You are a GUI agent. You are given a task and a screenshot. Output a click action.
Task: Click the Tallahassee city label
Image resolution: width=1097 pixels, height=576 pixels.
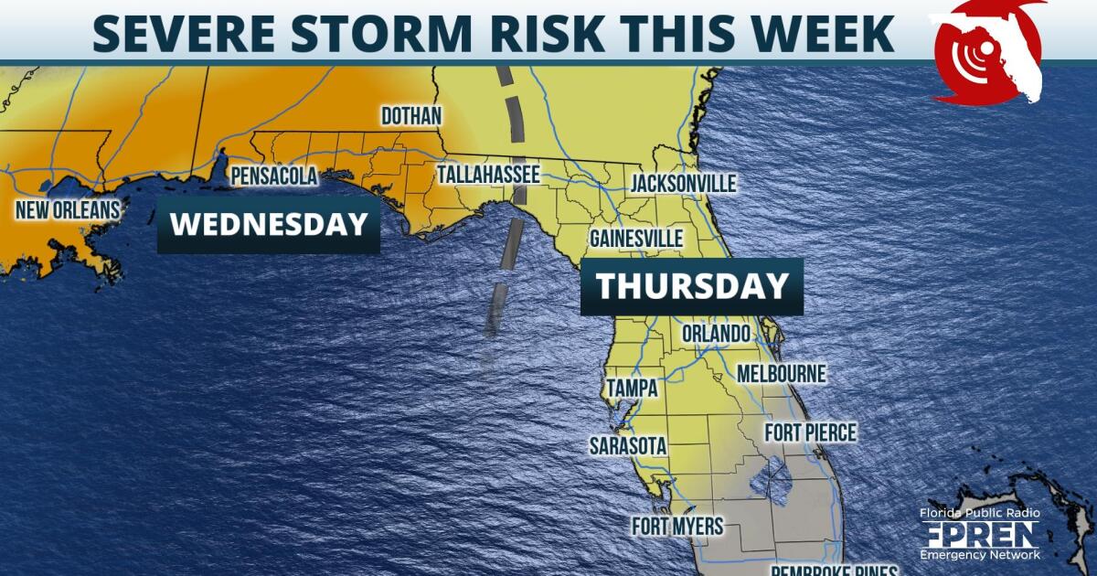click(488, 174)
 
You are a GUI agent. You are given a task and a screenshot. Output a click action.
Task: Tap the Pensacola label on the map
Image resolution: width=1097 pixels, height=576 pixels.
click(273, 175)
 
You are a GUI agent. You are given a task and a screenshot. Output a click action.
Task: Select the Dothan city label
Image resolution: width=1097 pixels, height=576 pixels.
click(411, 116)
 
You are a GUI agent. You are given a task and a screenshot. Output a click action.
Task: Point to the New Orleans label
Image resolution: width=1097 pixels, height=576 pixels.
click(68, 210)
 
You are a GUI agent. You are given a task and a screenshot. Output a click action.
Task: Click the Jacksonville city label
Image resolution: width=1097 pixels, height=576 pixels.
click(683, 184)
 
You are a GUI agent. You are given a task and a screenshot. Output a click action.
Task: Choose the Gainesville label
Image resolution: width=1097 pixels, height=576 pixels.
click(636, 239)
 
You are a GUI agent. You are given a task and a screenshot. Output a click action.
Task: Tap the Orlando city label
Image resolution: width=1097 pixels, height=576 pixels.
click(717, 333)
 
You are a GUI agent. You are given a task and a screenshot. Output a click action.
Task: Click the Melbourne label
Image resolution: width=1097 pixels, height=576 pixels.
click(781, 373)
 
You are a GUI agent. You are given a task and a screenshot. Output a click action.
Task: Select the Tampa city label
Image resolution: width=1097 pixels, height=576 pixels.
click(632, 388)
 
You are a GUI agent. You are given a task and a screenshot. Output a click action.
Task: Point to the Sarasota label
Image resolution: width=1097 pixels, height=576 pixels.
click(628, 446)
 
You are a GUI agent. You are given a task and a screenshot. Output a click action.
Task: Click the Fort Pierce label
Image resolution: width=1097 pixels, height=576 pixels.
click(811, 432)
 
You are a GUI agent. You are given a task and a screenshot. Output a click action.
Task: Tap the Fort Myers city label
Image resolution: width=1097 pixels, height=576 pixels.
click(677, 527)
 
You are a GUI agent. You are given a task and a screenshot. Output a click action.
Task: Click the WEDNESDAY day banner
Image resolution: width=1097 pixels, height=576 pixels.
click(269, 224)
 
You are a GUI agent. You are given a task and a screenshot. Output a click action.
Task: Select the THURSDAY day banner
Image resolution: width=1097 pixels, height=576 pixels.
click(692, 286)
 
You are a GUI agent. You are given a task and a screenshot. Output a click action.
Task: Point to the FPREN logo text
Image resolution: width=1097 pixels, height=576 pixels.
click(980, 533)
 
